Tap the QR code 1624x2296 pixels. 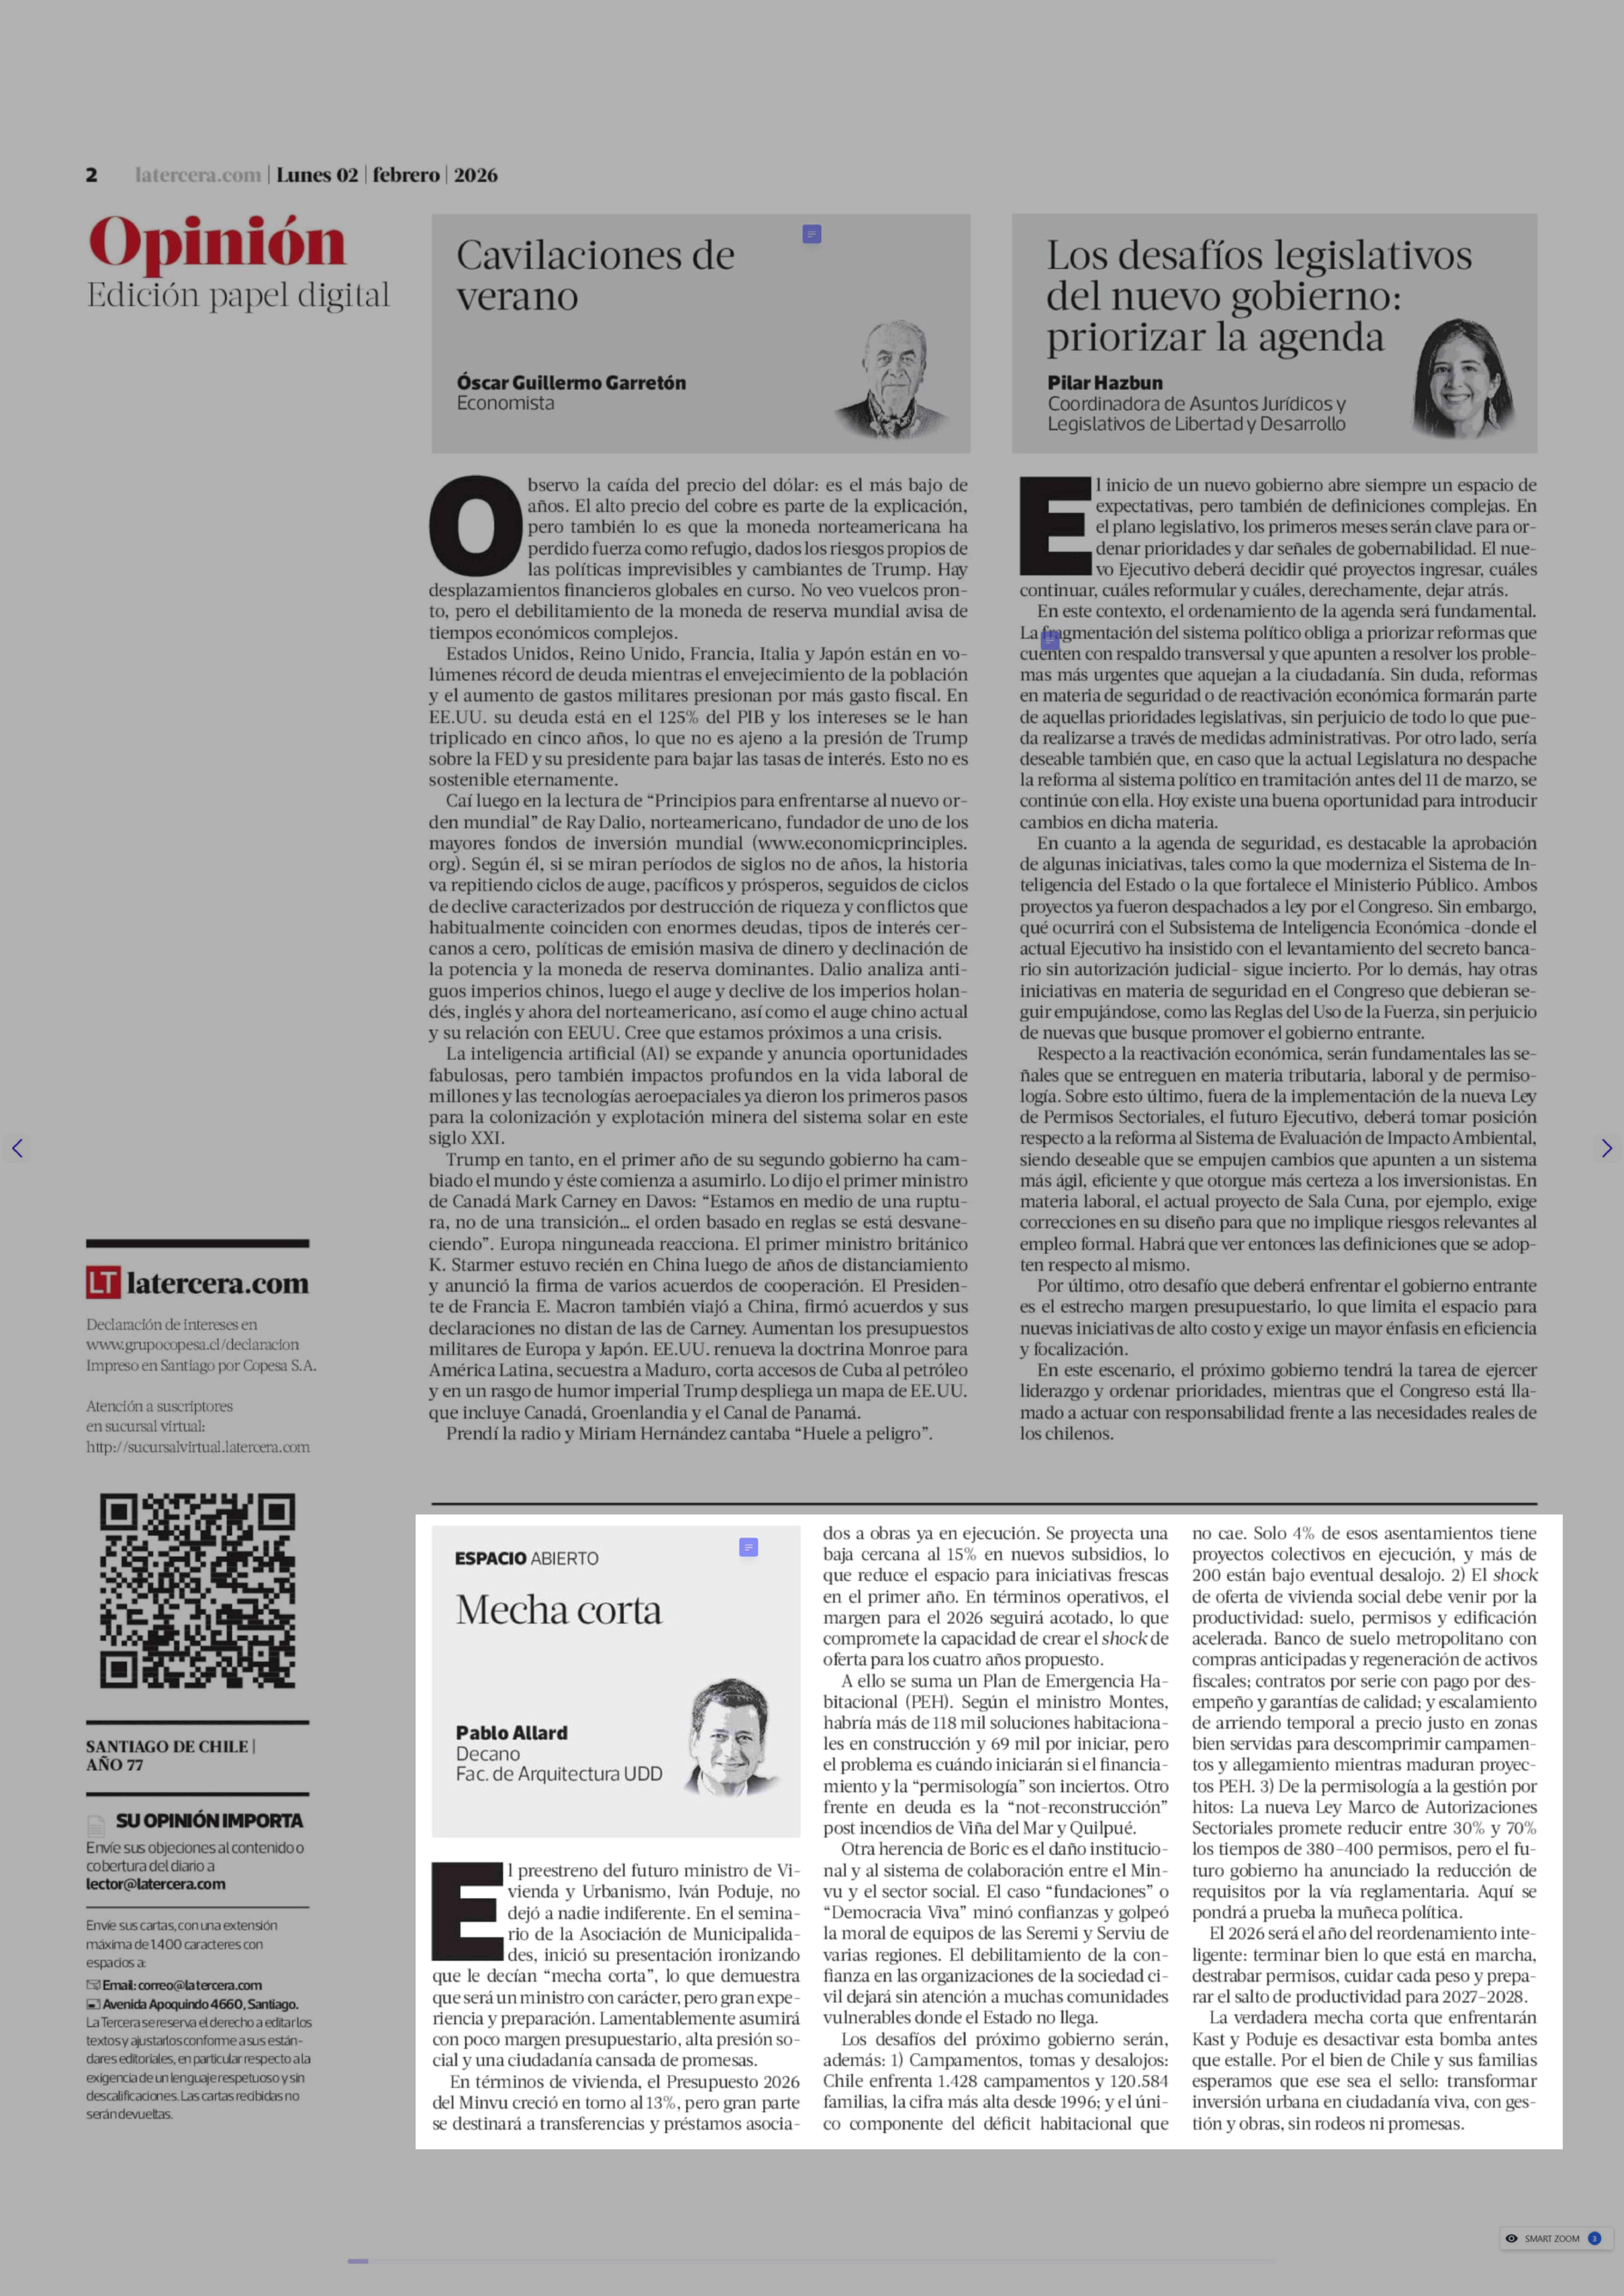coord(197,1590)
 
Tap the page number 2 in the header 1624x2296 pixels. coord(91,175)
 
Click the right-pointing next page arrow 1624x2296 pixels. coord(1606,1148)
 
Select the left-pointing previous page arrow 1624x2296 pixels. coord(17,1148)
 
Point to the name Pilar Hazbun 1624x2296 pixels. coord(1105,382)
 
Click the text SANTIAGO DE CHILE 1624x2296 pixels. coord(167,1746)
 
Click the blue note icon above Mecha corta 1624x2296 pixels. coord(748,1547)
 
